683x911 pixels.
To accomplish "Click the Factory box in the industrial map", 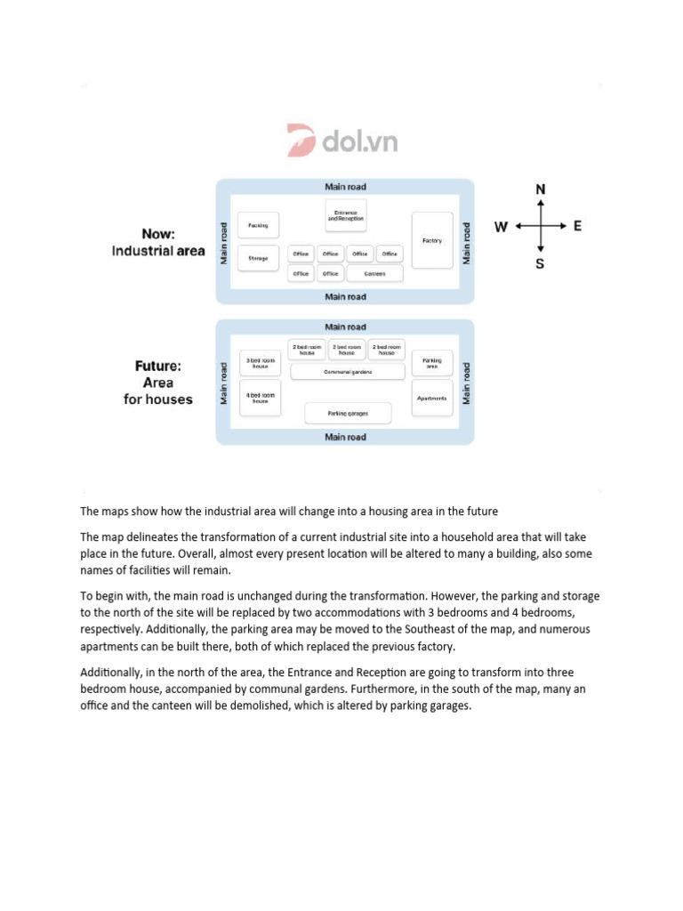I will tap(432, 240).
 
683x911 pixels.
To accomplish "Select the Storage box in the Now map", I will tap(259, 258).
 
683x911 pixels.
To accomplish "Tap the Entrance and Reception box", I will tap(346, 215).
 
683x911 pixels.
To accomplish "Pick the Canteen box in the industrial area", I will tap(374, 274).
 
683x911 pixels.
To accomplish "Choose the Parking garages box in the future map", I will tap(348, 414).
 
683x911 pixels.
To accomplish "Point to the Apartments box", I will tap(432, 398).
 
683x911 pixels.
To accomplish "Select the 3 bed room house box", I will tap(261, 363).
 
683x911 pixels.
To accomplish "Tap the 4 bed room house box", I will tap(261, 398).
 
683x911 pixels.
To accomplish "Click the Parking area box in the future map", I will tap(432, 363).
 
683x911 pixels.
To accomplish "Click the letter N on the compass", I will tap(541, 189).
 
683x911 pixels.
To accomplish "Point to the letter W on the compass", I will tap(502, 227).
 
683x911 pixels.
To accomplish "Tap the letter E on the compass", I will tap(577, 226).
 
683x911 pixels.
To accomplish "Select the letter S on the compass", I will tap(540, 264).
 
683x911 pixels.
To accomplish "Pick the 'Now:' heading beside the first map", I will tap(157, 234).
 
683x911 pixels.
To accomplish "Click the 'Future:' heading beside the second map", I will tap(158, 366).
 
